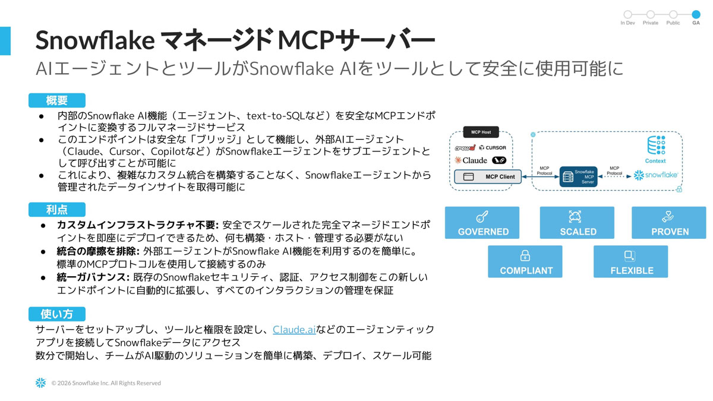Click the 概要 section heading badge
(x=57, y=100)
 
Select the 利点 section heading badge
(x=57, y=209)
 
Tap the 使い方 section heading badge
(x=57, y=314)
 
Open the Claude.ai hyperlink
(x=294, y=329)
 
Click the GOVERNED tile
(x=482, y=223)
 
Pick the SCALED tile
(x=577, y=223)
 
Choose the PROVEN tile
(x=669, y=223)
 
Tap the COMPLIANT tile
(x=525, y=262)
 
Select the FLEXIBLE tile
(x=631, y=262)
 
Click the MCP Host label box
(x=481, y=132)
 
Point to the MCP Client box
(x=488, y=176)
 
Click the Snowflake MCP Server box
(x=578, y=176)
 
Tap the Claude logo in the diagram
(x=471, y=160)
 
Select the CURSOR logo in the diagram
(x=493, y=147)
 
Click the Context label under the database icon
(x=655, y=161)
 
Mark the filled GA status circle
(x=696, y=14)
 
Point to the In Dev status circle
(x=627, y=14)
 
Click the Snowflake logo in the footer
(x=40, y=383)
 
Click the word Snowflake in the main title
(x=95, y=40)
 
